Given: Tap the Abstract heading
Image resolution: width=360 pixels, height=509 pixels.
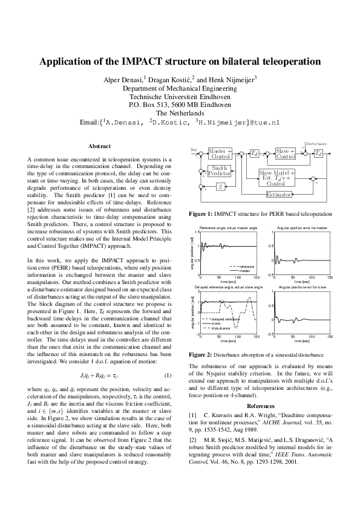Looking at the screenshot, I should coord(99,146).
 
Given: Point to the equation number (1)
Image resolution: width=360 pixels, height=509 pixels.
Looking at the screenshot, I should coord(168,359).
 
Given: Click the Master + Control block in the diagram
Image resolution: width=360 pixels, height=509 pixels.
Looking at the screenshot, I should coord(220,154).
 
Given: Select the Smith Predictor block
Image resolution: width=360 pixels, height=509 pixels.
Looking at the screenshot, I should coord(220,170).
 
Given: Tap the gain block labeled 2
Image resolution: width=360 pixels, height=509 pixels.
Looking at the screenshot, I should coord(220,186).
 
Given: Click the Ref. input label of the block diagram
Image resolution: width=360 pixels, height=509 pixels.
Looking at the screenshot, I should coord(194,149).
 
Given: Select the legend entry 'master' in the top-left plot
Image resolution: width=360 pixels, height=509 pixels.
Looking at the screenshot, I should coord(244,270).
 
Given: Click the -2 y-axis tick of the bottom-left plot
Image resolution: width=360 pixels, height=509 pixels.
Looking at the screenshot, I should coord(197,334).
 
